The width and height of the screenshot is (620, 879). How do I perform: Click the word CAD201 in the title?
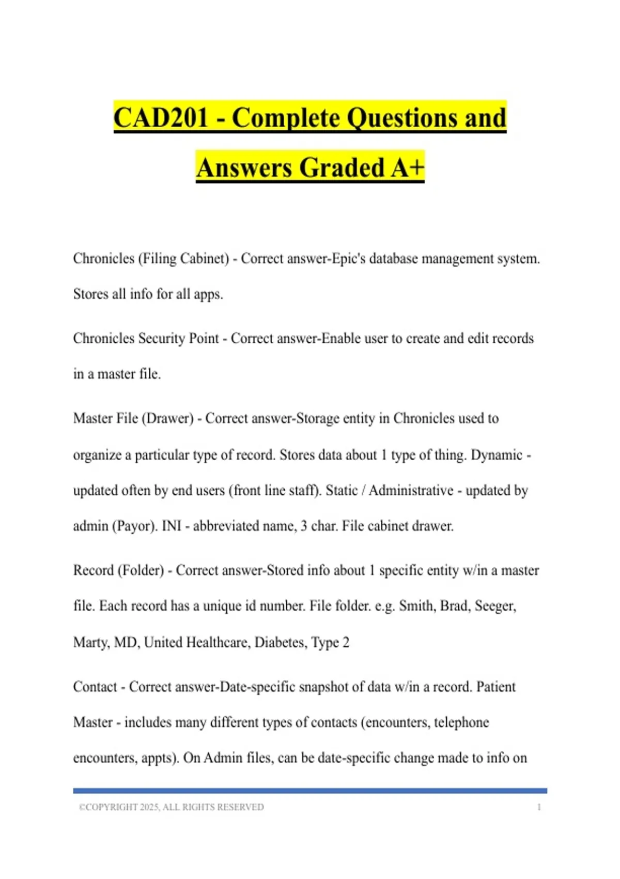[160, 118]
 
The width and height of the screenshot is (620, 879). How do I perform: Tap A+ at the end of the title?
[408, 168]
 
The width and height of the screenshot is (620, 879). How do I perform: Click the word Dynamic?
[497, 455]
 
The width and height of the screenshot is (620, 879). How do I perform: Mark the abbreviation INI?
[172, 526]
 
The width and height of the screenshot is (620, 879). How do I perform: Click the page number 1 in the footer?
[539, 807]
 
